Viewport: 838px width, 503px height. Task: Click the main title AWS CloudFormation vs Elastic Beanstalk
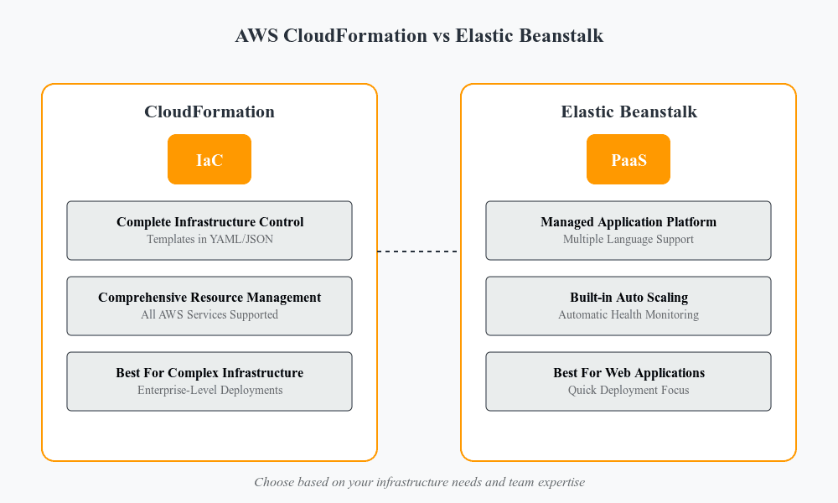419,36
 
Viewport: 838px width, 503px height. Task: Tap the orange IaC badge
209,159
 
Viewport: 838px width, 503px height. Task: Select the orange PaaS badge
628,159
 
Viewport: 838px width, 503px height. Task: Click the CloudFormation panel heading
209,111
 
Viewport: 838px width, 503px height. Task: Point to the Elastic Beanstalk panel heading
628,111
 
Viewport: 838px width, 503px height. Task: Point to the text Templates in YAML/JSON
209,240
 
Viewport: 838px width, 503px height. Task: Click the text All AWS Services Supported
209,315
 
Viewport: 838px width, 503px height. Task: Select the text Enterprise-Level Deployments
209,391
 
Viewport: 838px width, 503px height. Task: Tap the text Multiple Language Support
628,240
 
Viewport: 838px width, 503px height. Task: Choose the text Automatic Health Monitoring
628,315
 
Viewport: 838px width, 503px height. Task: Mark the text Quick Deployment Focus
628,391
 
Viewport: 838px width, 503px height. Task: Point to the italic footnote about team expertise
419,482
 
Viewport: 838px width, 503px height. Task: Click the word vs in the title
442,37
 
